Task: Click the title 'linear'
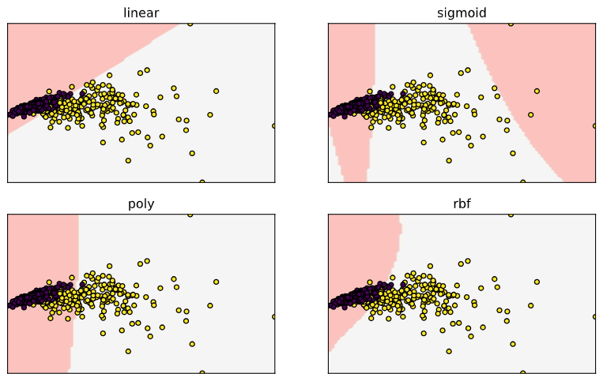pos(141,13)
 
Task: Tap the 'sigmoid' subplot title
pos(462,13)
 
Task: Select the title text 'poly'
pos(141,204)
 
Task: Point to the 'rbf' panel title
pos(462,204)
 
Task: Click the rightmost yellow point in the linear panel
pos(274,125)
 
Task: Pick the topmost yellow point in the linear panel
pos(190,24)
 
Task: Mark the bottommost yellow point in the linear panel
pos(202,182)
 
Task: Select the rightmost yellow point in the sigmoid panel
pos(595,125)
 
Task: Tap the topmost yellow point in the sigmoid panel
pos(511,24)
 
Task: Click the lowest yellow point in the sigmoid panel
pos(522,182)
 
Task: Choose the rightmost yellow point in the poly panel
pos(274,316)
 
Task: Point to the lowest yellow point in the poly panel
pos(202,372)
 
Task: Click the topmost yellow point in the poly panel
pos(190,215)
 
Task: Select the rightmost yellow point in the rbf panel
pos(595,316)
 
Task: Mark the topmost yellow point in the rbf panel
pos(511,215)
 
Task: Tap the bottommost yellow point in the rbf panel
pos(522,372)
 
